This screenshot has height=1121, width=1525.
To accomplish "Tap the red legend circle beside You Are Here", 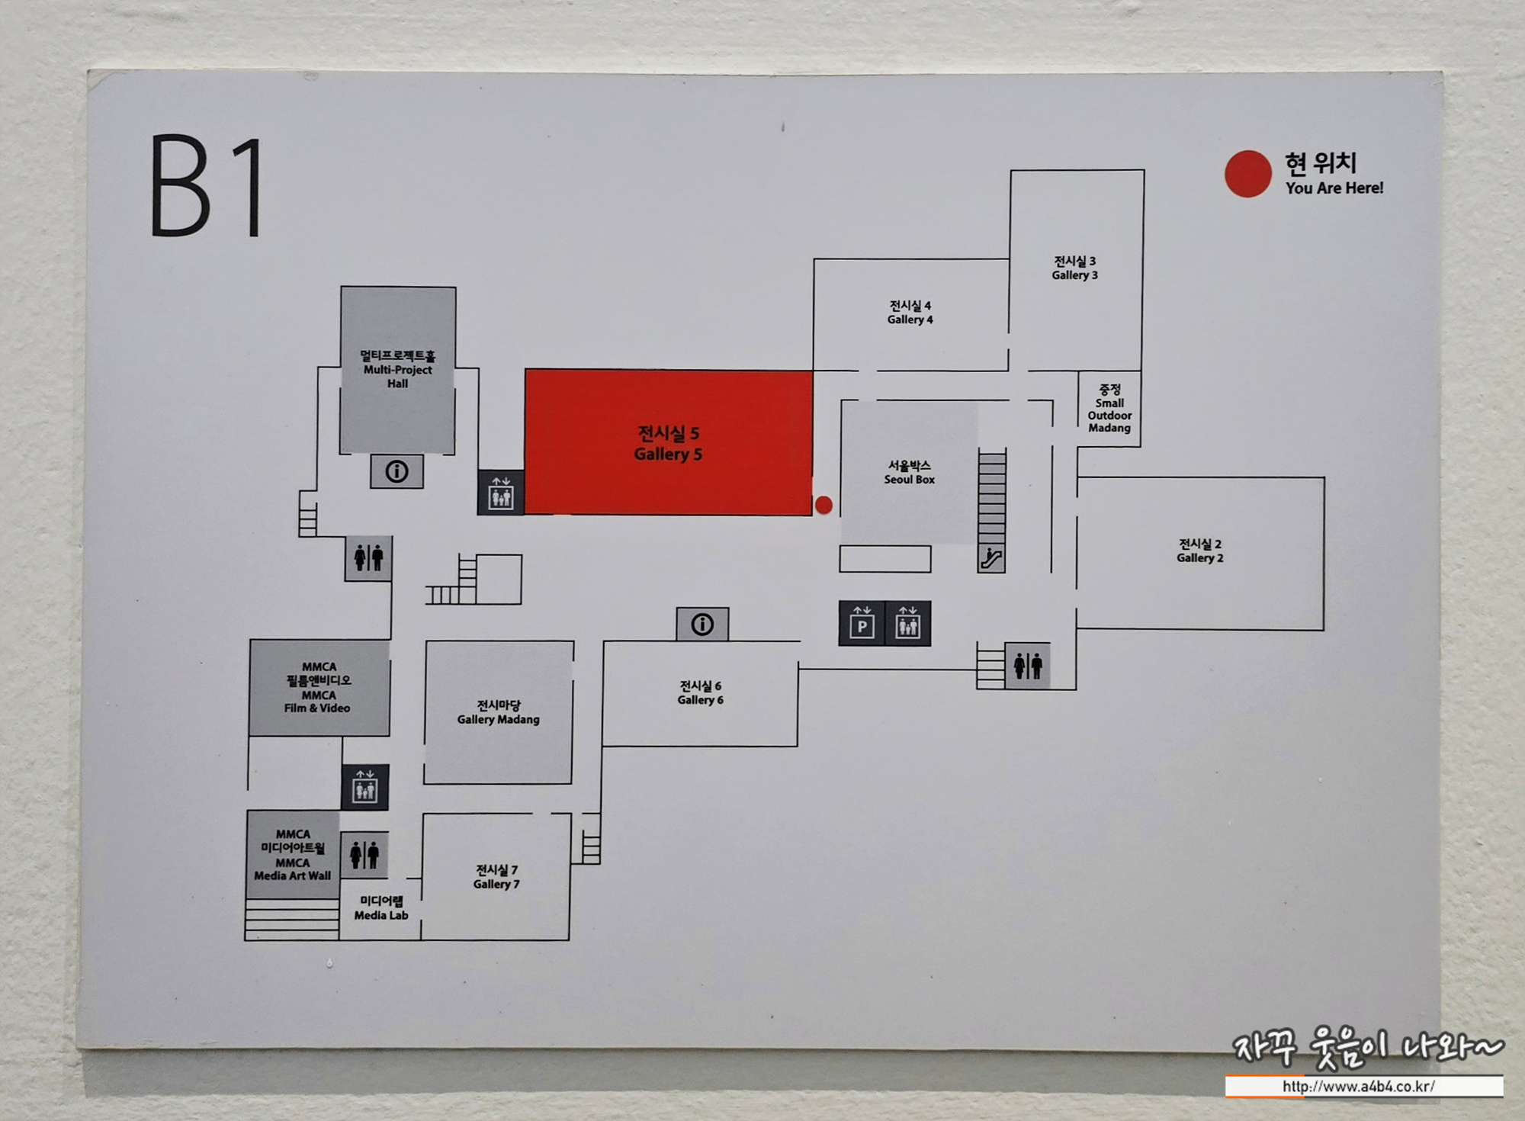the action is tap(1247, 174).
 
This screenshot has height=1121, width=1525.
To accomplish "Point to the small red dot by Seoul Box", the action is tap(823, 505).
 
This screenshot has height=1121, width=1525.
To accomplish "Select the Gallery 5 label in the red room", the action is tap(668, 444).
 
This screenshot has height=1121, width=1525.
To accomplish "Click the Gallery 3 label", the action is tap(1074, 268).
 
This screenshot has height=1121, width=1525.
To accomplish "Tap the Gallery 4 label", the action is tap(910, 313).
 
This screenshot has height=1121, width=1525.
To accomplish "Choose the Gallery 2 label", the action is tap(1199, 551).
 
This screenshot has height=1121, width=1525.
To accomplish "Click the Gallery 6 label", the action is tap(700, 693).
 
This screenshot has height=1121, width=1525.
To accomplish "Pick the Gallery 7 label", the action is tap(496, 877).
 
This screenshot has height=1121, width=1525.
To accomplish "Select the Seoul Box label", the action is tap(909, 472).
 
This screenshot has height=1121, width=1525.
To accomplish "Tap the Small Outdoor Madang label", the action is tap(1109, 409).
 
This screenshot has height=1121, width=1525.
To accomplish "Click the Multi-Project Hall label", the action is tap(397, 369).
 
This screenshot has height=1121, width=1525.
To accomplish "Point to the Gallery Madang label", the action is tap(498, 712).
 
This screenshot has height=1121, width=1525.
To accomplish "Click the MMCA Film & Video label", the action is tap(318, 687).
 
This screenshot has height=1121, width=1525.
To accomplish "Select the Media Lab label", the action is tap(381, 908).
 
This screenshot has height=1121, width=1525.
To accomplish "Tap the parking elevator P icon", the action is tap(862, 624).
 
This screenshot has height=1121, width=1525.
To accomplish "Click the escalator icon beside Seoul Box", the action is tap(991, 558).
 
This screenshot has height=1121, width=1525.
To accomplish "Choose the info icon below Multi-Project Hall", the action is tap(396, 471).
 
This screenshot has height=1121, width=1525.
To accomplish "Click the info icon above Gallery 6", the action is tap(702, 625).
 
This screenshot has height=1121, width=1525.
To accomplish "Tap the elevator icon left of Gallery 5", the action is tap(501, 493).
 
